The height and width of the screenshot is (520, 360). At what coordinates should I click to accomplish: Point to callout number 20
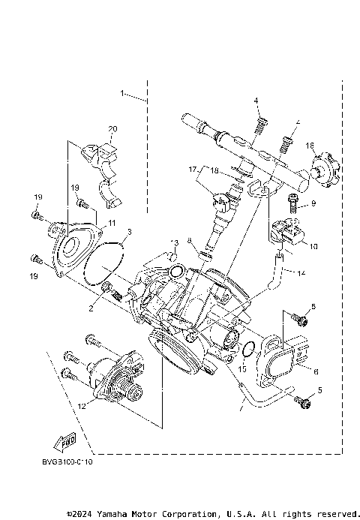113,129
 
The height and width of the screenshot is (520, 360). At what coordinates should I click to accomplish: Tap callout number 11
111,223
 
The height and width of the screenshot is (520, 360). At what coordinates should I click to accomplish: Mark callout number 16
310,145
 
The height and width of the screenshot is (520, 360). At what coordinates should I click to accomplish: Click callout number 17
192,170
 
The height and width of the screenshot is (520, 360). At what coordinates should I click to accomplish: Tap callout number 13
174,243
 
